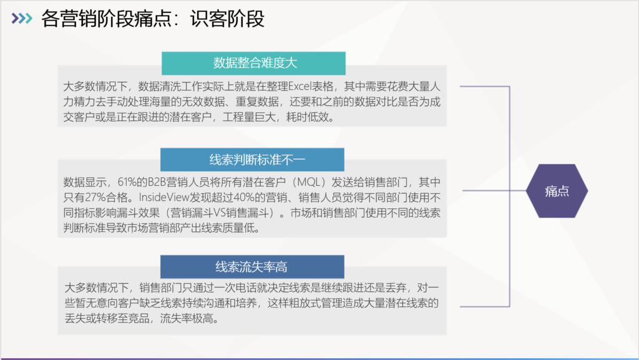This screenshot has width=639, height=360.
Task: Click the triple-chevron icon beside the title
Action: click(x=22, y=18)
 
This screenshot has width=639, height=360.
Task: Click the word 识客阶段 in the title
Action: click(x=227, y=19)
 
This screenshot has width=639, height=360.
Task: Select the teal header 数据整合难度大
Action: click(x=253, y=63)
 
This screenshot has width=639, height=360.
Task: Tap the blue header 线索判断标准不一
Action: click(x=252, y=160)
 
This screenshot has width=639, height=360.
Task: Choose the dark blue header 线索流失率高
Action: click(x=252, y=267)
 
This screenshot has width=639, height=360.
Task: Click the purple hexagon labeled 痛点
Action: click(x=557, y=190)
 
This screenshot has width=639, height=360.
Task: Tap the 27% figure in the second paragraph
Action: click(x=95, y=198)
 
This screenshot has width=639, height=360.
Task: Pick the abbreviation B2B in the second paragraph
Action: click(x=157, y=182)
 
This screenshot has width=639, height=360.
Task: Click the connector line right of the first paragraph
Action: click(x=485, y=86)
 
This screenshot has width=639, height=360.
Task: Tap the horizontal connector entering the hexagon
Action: click(x=494, y=190)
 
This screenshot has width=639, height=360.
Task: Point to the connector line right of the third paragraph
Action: click(x=485, y=306)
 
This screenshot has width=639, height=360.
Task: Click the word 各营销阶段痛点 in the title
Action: click(x=107, y=19)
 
